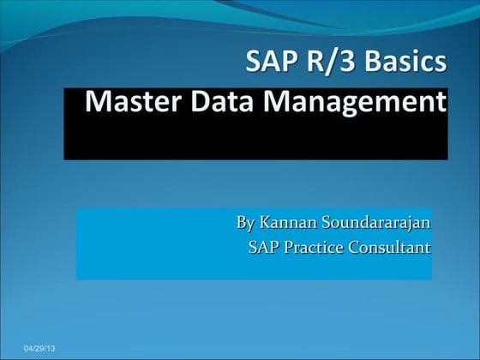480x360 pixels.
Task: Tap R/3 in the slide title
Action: tap(331, 63)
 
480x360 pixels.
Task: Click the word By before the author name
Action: tap(245, 224)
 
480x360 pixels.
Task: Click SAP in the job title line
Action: tap(263, 249)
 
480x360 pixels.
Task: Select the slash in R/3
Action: tap(332, 63)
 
